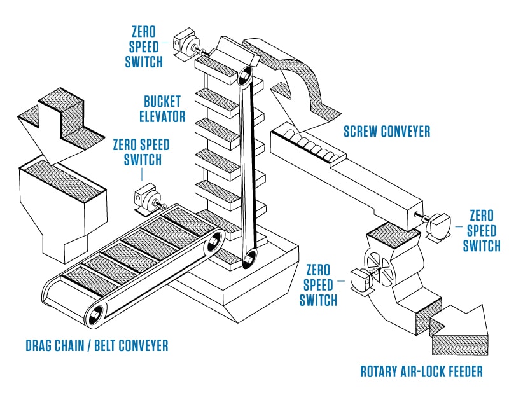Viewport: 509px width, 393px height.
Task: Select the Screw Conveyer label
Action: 387,132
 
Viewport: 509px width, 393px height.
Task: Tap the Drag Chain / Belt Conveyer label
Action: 97,346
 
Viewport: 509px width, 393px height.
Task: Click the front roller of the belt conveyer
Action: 97,314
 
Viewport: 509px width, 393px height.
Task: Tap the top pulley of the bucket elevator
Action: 243,77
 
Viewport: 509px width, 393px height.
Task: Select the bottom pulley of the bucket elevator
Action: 249,259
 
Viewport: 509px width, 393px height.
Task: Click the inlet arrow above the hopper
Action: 57,124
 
